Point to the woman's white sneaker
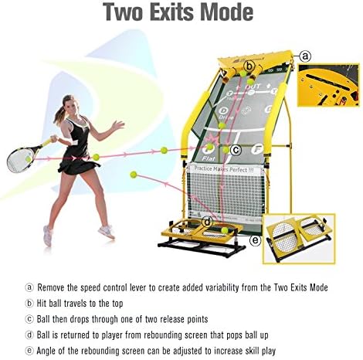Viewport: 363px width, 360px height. click(107, 230)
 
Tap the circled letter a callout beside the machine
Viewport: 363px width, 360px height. click(305, 56)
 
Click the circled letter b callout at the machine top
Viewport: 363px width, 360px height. click(249, 66)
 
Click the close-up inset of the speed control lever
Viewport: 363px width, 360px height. click(328, 87)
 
